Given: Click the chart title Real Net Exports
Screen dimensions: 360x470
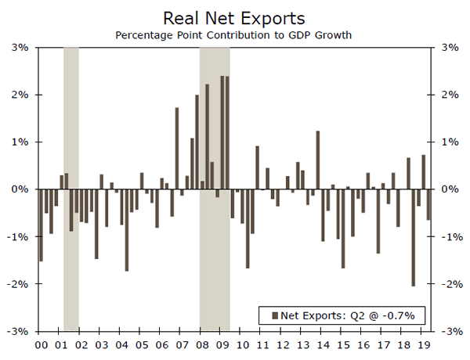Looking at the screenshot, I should (x=234, y=17).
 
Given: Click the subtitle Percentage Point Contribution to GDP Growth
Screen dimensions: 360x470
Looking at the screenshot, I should (x=234, y=35).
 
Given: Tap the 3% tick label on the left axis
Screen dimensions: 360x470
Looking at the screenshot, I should (x=20, y=48).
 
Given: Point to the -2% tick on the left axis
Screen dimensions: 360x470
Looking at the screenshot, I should (x=19, y=284).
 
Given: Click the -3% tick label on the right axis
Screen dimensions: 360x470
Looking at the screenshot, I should (x=450, y=331).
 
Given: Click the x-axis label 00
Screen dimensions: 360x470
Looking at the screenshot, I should (x=41, y=344).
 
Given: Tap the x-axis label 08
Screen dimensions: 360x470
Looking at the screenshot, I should (x=203, y=344).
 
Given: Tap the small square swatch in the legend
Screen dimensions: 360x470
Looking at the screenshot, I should (x=274, y=315).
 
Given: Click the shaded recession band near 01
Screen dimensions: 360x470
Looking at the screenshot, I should (x=70, y=188).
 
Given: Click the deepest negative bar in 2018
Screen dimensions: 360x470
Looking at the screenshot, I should (x=414, y=237).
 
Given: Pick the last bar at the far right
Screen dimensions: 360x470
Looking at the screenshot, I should (x=428, y=204).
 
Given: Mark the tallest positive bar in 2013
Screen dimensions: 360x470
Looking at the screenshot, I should (x=298, y=175).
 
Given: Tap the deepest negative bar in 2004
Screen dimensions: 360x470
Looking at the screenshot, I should (x=127, y=230).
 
